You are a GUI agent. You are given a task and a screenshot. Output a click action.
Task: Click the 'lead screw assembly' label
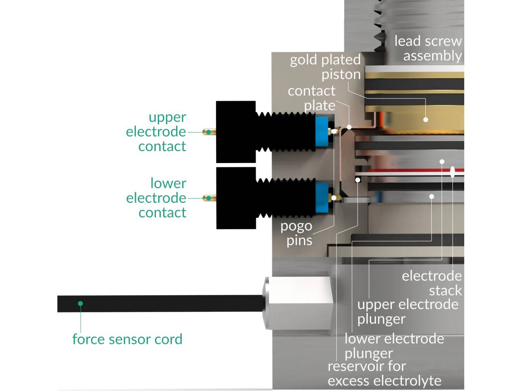(x=428, y=48)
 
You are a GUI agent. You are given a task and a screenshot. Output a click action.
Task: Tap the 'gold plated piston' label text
(x=325, y=67)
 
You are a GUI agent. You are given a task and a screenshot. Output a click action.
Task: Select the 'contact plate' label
(x=312, y=98)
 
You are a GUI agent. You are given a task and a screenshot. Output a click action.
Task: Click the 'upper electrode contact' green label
(x=156, y=131)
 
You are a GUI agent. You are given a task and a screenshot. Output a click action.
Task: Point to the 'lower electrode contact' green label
(x=156, y=198)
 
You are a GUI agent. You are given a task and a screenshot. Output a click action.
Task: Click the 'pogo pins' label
(x=297, y=233)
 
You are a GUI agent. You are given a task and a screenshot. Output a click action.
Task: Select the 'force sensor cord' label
(x=127, y=339)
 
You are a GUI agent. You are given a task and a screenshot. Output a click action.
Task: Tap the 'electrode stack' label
(x=432, y=283)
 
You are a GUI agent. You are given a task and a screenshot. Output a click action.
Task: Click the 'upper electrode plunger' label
(x=408, y=311)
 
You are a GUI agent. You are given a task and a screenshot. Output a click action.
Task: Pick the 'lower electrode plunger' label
(x=394, y=345)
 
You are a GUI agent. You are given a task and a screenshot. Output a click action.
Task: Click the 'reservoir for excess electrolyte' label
(x=384, y=373)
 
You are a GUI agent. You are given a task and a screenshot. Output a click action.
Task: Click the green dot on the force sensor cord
(x=81, y=304)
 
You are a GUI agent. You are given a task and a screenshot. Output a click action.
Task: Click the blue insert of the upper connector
(x=322, y=132)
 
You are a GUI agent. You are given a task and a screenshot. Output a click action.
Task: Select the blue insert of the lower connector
(x=322, y=198)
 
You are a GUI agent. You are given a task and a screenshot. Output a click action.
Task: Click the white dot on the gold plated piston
(x=426, y=119)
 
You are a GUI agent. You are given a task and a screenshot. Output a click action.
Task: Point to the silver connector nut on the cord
(x=299, y=303)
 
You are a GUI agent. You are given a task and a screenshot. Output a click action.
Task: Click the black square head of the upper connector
(x=236, y=132)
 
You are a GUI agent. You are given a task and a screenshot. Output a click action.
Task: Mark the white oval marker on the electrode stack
(x=452, y=172)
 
